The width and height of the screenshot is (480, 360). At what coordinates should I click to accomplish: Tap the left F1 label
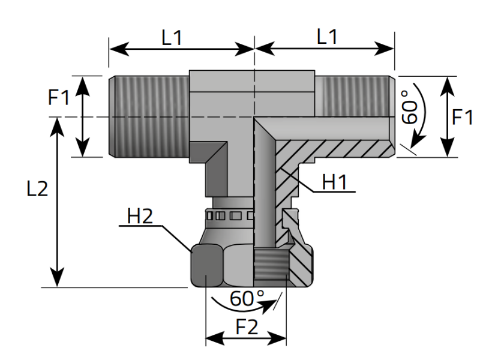pos(59,97)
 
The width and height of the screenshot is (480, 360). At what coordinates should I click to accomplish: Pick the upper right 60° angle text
pos(409,107)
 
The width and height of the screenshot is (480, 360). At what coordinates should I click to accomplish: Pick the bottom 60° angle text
pos(247,298)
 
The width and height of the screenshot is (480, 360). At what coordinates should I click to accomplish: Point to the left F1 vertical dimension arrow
pos(83,116)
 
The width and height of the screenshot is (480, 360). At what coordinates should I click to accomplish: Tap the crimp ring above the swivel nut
pos(228,215)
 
